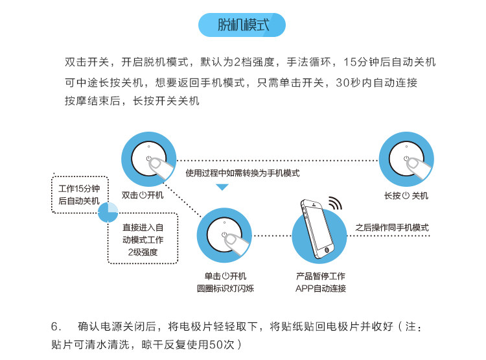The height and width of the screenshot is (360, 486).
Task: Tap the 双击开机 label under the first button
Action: pyautogui.click(x=143, y=194)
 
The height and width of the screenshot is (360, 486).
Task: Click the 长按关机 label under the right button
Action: pyautogui.click(x=406, y=195)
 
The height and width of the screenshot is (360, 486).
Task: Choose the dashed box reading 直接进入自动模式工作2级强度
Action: pyautogui.click(x=143, y=240)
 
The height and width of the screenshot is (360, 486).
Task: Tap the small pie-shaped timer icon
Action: pyautogui.click(x=108, y=211)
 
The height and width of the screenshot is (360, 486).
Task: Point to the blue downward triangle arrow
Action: pyautogui.click(x=222, y=187)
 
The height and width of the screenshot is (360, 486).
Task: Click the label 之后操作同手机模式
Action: pyautogui.click(x=392, y=228)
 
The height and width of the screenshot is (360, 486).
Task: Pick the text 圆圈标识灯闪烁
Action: pyautogui.click(x=225, y=288)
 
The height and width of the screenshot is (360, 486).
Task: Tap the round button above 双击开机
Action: pyautogui.click(x=148, y=160)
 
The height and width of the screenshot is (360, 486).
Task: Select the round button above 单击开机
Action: pyautogui.click(x=224, y=235)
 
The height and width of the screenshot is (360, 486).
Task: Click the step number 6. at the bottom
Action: pyautogui.click(x=56, y=326)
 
